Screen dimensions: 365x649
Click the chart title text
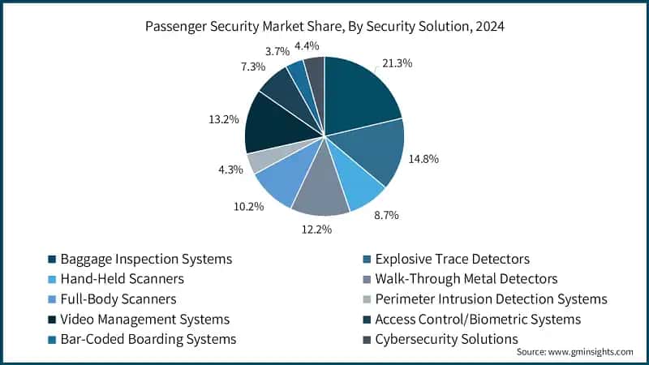point(324,25)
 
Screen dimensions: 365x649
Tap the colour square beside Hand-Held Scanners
point(52,279)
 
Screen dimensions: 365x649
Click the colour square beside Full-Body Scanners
point(52,299)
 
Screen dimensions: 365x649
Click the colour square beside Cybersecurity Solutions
point(366,340)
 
